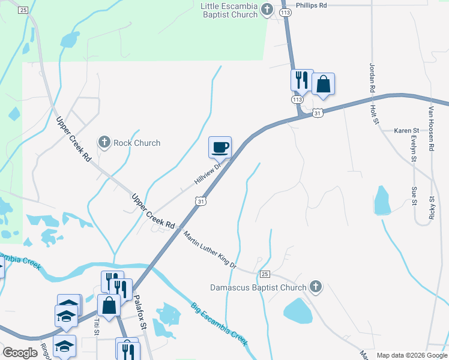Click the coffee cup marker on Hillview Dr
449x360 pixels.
(220, 147)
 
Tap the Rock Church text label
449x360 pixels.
(137, 143)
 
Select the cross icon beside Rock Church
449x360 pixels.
(104, 142)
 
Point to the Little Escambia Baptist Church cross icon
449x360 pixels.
(268, 10)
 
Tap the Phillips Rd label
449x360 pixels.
(315, 5)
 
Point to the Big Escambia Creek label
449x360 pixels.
(219, 325)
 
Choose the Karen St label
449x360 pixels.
(405, 130)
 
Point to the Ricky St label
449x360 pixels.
(432, 207)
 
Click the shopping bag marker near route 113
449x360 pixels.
(323, 85)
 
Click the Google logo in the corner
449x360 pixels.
(20, 353)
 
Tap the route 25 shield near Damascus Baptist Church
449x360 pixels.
(265, 274)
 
